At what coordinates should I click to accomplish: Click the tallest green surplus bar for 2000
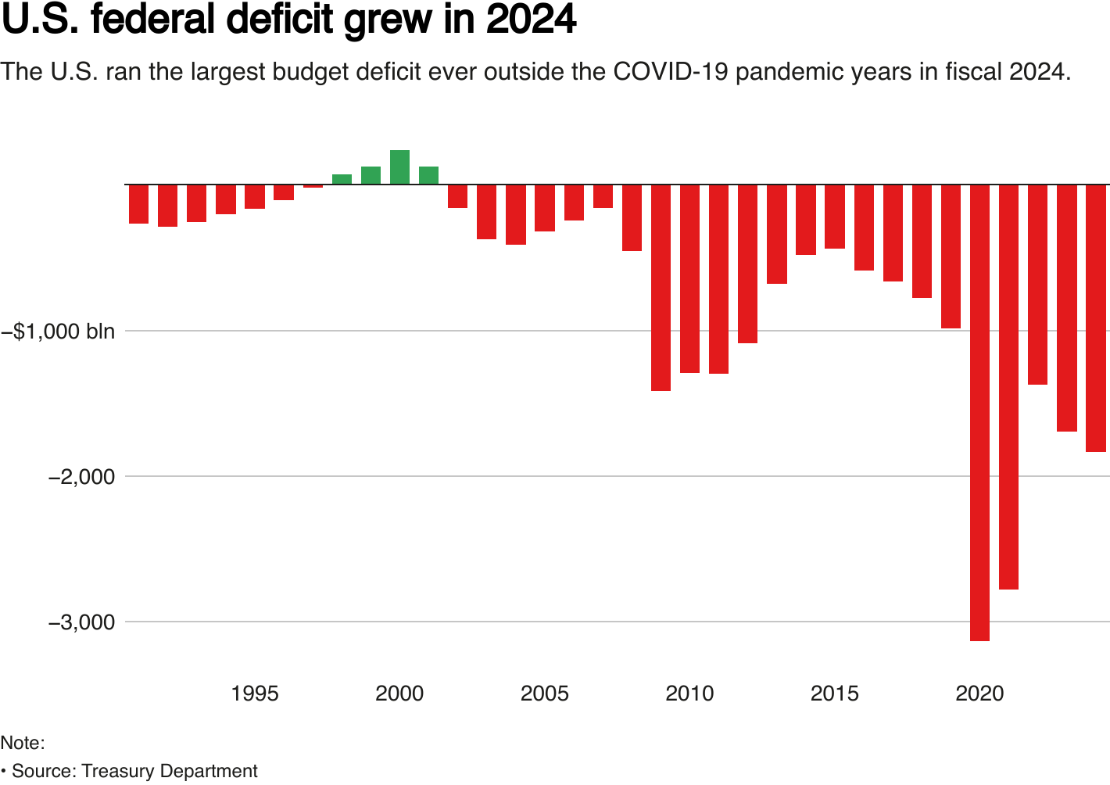[x=399, y=167]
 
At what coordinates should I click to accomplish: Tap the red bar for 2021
[x=1008, y=387]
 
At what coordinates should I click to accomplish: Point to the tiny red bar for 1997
[x=313, y=186]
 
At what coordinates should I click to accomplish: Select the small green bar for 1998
[x=342, y=180]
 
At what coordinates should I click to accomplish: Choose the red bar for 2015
[x=835, y=217]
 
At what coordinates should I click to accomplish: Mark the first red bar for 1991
[x=138, y=204]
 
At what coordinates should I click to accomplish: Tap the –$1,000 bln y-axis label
[x=59, y=331]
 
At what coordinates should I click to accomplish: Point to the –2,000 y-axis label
[x=81, y=476]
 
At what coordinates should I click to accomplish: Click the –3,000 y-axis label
[x=81, y=622]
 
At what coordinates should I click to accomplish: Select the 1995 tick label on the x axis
[x=255, y=694]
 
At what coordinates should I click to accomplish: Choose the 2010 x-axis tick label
[x=689, y=694]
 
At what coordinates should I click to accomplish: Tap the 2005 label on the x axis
[x=545, y=694]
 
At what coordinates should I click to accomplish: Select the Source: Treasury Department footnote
[x=134, y=771]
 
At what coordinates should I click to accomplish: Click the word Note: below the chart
[x=23, y=743]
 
